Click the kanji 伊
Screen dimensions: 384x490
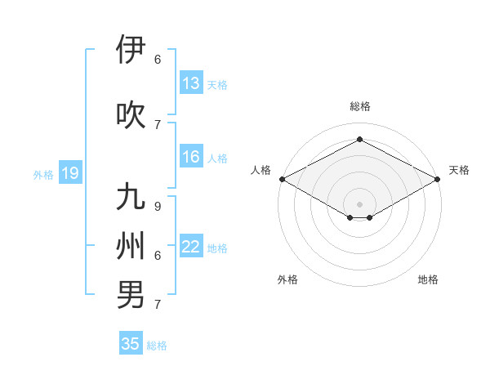tap(131, 50)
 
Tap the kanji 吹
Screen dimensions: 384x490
tap(131, 114)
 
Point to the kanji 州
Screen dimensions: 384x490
tap(131, 245)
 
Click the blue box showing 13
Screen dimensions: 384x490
tap(191, 83)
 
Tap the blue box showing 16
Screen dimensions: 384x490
tap(191, 157)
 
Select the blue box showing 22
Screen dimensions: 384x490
tap(191, 247)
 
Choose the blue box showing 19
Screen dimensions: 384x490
tap(69, 173)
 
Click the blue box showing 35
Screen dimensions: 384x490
tap(131, 344)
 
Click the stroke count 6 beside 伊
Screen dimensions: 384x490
tap(158, 60)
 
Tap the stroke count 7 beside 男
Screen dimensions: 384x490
tap(158, 305)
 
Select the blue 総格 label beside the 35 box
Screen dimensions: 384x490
tap(157, 346)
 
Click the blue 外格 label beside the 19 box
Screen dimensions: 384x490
tap(43, 174)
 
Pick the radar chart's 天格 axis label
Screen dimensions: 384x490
tap(459, 170)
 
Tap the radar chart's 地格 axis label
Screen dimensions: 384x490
tap(428, 279)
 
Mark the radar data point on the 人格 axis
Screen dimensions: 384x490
tap(282, 178)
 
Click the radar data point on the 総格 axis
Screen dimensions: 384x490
tap(359, 140)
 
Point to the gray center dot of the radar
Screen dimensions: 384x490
tap(359, 203)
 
